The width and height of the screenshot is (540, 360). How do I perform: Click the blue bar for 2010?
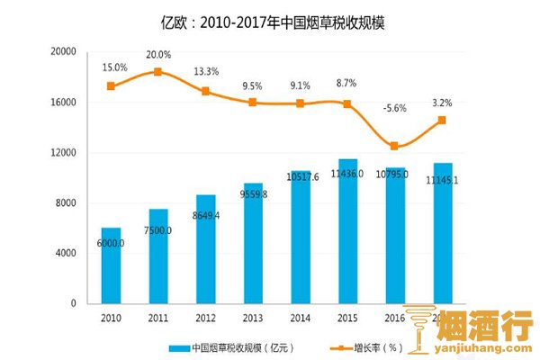click(x=110, y=265)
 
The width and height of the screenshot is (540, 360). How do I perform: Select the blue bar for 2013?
click(x=253, y=243)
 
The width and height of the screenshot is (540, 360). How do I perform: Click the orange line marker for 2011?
click(x=157, y=72)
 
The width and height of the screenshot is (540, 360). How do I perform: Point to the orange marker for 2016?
click(x=394, y=146)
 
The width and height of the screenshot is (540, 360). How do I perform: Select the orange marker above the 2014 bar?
click(x=300, y=103)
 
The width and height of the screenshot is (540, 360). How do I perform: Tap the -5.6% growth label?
click(x=395, y=108)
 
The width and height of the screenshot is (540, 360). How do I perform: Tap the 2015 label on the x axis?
click(x=347, y=317)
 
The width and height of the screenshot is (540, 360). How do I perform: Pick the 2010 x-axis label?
click(x=111, y=317)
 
